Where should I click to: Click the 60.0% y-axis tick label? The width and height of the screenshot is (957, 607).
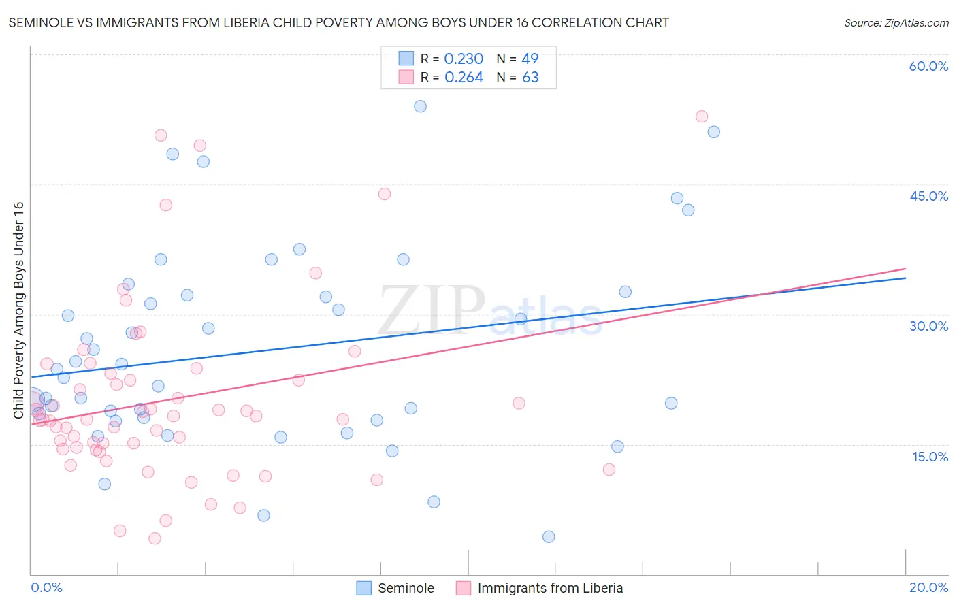pyautogui.click(x=928, y=66)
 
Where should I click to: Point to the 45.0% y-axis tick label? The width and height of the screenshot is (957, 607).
pyautogui.click(x=928, y=196)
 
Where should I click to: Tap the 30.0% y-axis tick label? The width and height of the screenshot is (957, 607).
pyautogui.click(x=928, y=326)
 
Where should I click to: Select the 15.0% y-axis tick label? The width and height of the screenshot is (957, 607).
pyautogui.click(x=930, y=457)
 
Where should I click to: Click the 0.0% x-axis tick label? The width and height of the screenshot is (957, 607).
pyautogui.click(x=46, y=587)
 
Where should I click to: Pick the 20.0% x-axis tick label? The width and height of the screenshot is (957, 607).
pyautogui.click(x=928, y=587)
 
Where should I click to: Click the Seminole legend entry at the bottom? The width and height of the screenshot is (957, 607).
pyautogui.click(x=406, y=588)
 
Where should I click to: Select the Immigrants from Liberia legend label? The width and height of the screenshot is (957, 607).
pyautogui.click(x=550, y=588)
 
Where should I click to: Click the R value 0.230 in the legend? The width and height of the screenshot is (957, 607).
pyautogui.click(x=464, y=59)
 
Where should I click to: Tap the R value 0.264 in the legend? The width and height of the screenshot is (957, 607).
pyautogui.click(x=464, y=78)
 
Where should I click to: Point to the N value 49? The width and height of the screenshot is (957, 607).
pyautogui.click(x=530, y=59)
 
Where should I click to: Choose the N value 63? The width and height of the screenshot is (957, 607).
pyautogui.click(x=530, y=78)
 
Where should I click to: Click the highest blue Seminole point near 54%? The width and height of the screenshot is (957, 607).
pyautogui.click(x=420, y=106)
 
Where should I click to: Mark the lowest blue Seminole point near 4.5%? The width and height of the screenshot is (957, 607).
pyautogui.click(x=549, y=537)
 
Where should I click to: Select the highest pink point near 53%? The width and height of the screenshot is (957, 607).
pyautogui.click(x=702, y=116)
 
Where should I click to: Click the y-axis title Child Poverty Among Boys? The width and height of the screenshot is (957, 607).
pyautogui.click(x=18, y=310)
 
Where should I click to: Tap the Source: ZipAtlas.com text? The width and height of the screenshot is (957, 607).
pyautogui.click(x=896, y=23)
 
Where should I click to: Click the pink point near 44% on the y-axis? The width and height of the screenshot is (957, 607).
pyautogui.click(x=385, y=194)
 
